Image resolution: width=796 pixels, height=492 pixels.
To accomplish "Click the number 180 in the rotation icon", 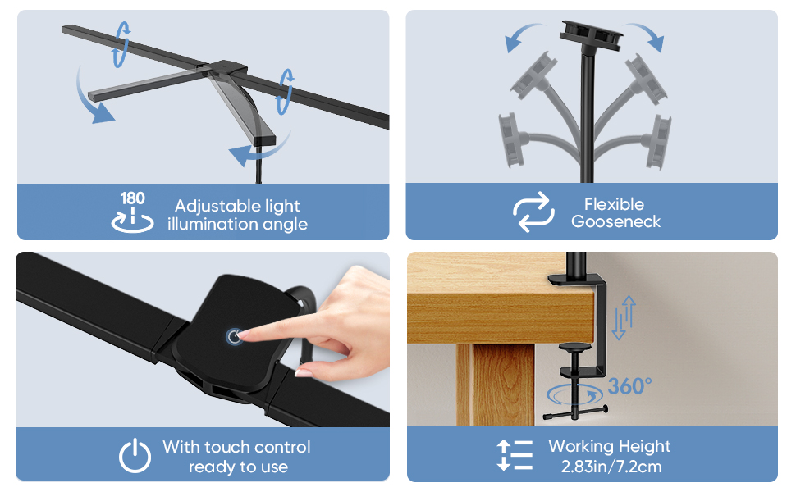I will coord(132,198).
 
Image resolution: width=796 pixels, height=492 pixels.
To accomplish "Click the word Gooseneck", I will coord(615,221).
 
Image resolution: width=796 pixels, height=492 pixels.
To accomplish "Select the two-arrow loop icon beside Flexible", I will coord(534,212).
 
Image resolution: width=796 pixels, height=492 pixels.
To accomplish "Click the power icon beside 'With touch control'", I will coord(135,456).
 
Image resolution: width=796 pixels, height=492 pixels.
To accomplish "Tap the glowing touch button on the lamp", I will coord(235,336).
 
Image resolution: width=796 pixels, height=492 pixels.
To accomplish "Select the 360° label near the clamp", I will coord(629,386).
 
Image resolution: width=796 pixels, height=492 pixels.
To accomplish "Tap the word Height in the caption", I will coord(644,446).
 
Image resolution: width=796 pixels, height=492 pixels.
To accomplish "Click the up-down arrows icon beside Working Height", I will coord(515,456).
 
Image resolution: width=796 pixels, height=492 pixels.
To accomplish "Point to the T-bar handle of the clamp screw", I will coord(574,413).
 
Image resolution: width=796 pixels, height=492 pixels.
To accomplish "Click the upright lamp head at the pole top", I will coord(589,30).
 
